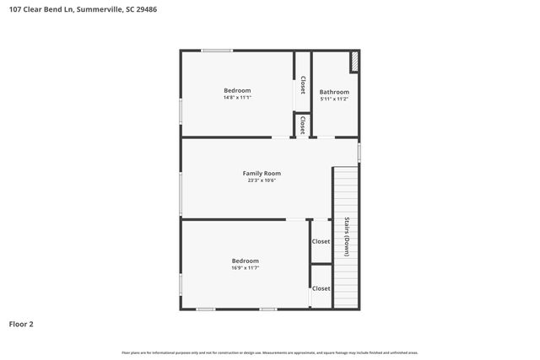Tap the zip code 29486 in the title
143,10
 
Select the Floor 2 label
22,323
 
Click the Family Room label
262,173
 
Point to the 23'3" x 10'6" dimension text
262,180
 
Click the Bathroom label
333,91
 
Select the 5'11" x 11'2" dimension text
333,99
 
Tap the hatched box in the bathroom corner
354,62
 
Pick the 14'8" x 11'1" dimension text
237,98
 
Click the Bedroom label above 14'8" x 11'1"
237,90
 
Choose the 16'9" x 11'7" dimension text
245,268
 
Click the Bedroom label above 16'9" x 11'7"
245,261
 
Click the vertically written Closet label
303,84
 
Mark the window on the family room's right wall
359,153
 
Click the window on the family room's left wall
181,194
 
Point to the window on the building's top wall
217,51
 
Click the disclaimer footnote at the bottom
269,352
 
